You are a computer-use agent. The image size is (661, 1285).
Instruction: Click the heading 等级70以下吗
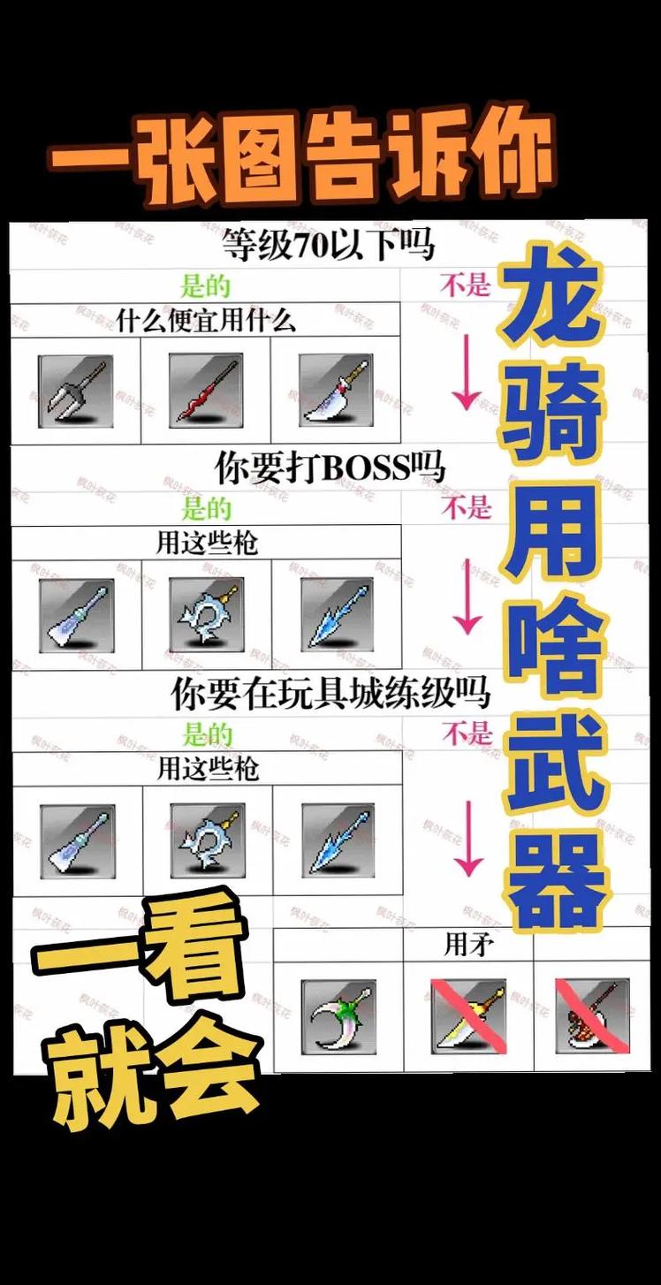328,245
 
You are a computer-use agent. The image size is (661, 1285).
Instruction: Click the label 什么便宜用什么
205,320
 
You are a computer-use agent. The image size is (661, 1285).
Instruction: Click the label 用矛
468,946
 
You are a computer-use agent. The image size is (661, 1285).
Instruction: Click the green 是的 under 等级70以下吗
205,285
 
